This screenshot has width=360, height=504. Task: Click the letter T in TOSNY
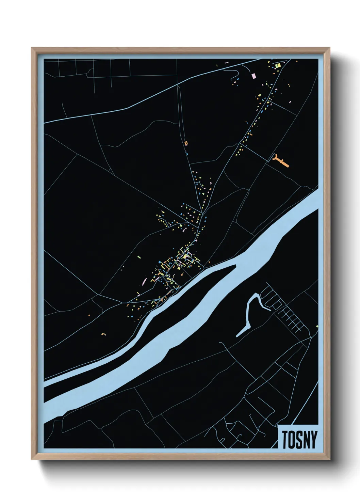[x=284, y=440]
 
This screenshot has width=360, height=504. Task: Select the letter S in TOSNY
[x=299, y=440]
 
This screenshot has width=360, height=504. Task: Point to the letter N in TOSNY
[x=307, y=440]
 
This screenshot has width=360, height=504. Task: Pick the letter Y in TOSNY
[x=314, y=440]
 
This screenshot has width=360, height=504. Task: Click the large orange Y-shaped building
[x=281, y=161]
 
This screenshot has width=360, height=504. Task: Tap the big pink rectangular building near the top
[x=253, y=76]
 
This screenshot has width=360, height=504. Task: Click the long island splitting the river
[x=191, y=300]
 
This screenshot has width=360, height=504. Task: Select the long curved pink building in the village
[x=144, y=281]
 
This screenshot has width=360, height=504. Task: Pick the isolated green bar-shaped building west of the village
[x=139, y=257]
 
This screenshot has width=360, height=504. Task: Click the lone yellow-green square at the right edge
[x=317, y=327]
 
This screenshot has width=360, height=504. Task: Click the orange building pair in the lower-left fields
[x=103, y=334]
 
